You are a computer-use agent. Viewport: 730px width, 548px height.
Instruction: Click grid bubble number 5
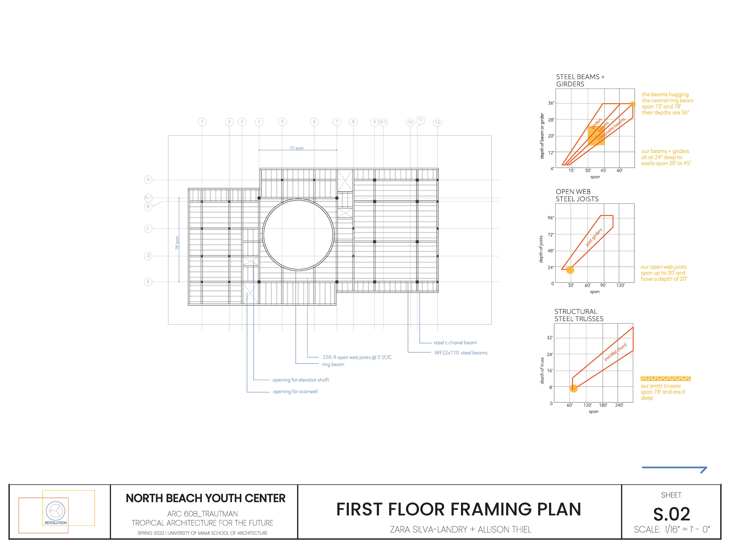(x=282, y=122)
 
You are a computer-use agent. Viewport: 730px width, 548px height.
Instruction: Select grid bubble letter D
(x=148, y=256)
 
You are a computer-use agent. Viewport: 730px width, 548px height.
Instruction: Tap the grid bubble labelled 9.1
(x=383, y=122)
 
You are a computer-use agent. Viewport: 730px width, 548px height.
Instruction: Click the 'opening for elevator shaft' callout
(x=300, y=380)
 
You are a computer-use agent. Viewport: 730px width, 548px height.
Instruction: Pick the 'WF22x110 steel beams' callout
(x=460, y=353)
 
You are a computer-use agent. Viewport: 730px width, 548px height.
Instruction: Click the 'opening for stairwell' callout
(x=295, y=391)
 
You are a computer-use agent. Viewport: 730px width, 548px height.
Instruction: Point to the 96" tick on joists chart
(x=551, y=218)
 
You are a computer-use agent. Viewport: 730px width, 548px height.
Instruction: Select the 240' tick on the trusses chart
(x=619, y=405)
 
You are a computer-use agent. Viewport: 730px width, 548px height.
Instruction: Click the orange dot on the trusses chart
(x=574, y=389)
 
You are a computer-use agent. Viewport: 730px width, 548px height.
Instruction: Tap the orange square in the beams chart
(x=596, y=136)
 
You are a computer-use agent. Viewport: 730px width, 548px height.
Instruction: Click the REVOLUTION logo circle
(x=56, y=511)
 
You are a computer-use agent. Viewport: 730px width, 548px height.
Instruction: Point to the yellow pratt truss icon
(x=665, y=378)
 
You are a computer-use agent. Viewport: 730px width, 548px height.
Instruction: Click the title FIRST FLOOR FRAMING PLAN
(x=458, y=509)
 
